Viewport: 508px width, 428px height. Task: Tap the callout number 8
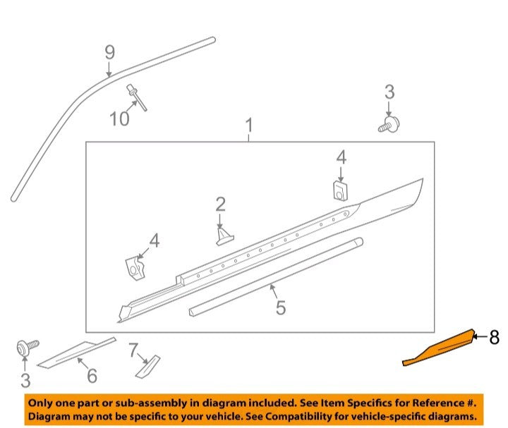click(x=494, y=337)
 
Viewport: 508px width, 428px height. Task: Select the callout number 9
click(x=110, y=52)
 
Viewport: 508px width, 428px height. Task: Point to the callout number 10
click(x=119, y=118)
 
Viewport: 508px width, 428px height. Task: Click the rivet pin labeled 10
click(x=138, y=97)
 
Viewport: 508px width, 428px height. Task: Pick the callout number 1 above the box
click(x=249, y=125)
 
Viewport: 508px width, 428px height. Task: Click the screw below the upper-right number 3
click(x=389, y=125)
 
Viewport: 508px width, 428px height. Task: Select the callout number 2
click(x=220, y=204)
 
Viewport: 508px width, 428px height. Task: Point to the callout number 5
click(x=281, y=307)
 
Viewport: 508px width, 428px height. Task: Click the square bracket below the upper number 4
click(x=341, y=190)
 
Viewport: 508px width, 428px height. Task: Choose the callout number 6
click(x=92, y=376)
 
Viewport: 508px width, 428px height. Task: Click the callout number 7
click(x=133, y=350)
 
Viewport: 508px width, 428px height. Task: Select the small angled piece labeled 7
click(x=147, y=367)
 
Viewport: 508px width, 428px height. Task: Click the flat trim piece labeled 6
click(x=77, y=353)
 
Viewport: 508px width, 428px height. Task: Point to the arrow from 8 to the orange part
click(x=480, y=337)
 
